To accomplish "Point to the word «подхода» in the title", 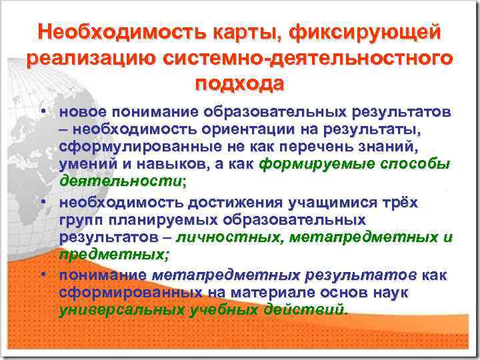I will pyautogui.click(x=239, y=84).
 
